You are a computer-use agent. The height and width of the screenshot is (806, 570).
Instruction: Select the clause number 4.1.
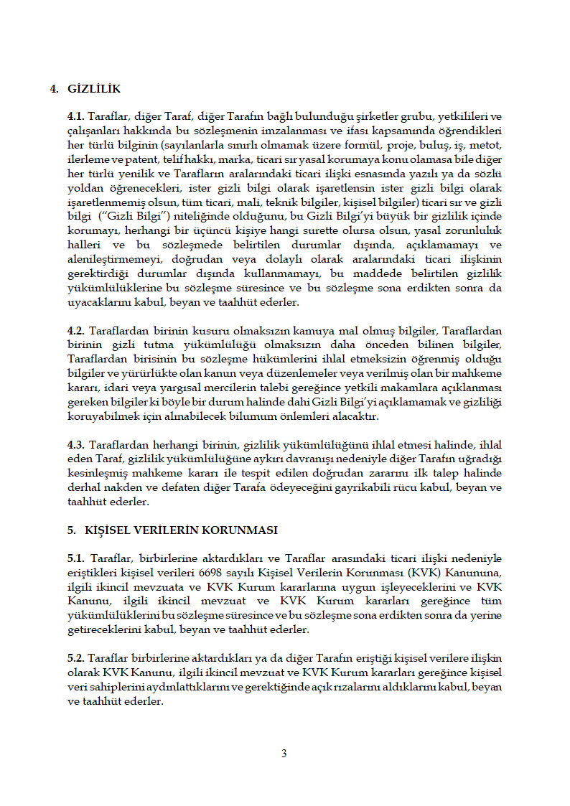[76, 117]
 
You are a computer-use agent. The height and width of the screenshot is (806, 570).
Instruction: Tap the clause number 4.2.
[76, 331]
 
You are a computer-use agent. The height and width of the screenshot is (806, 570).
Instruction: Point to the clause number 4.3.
[76, 445]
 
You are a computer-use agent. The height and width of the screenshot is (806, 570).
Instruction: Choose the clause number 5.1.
[76, 558]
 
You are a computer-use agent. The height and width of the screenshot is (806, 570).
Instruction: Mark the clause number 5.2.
[76, 658]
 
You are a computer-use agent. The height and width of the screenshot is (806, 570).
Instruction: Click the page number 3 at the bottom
[284, 753]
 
